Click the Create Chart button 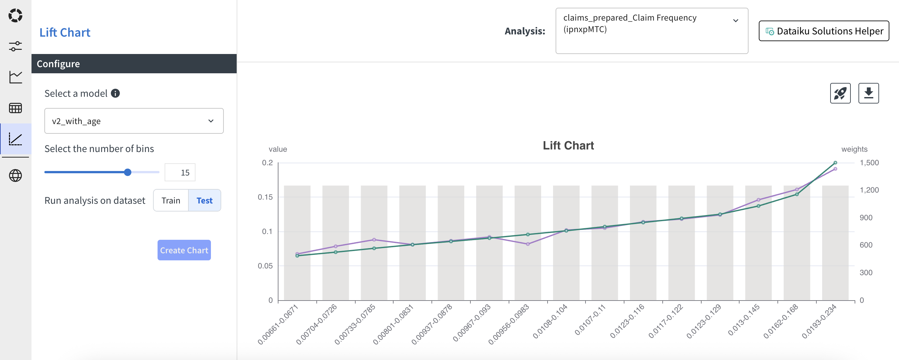click(184, 250)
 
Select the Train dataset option click(171, 201)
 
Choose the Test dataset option click(204, 201)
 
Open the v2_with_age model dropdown click(134, 121)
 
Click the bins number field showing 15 click(180, 173)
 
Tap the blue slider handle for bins click(128, 172)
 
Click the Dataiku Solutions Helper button click(824, 31)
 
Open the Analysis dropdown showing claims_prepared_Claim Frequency click(651, 31)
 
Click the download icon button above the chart click(868, 93)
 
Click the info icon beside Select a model click(115, 94)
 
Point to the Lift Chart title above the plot click(568, 146)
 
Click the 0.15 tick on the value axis click(265, 197)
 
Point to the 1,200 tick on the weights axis click(869, 190)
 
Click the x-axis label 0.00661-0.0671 click(278, 324)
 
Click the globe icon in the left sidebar click(15, 175)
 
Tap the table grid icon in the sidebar click(15, 108)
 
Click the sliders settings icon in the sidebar click(15, 46)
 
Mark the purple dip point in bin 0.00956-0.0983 click(528, 244)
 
